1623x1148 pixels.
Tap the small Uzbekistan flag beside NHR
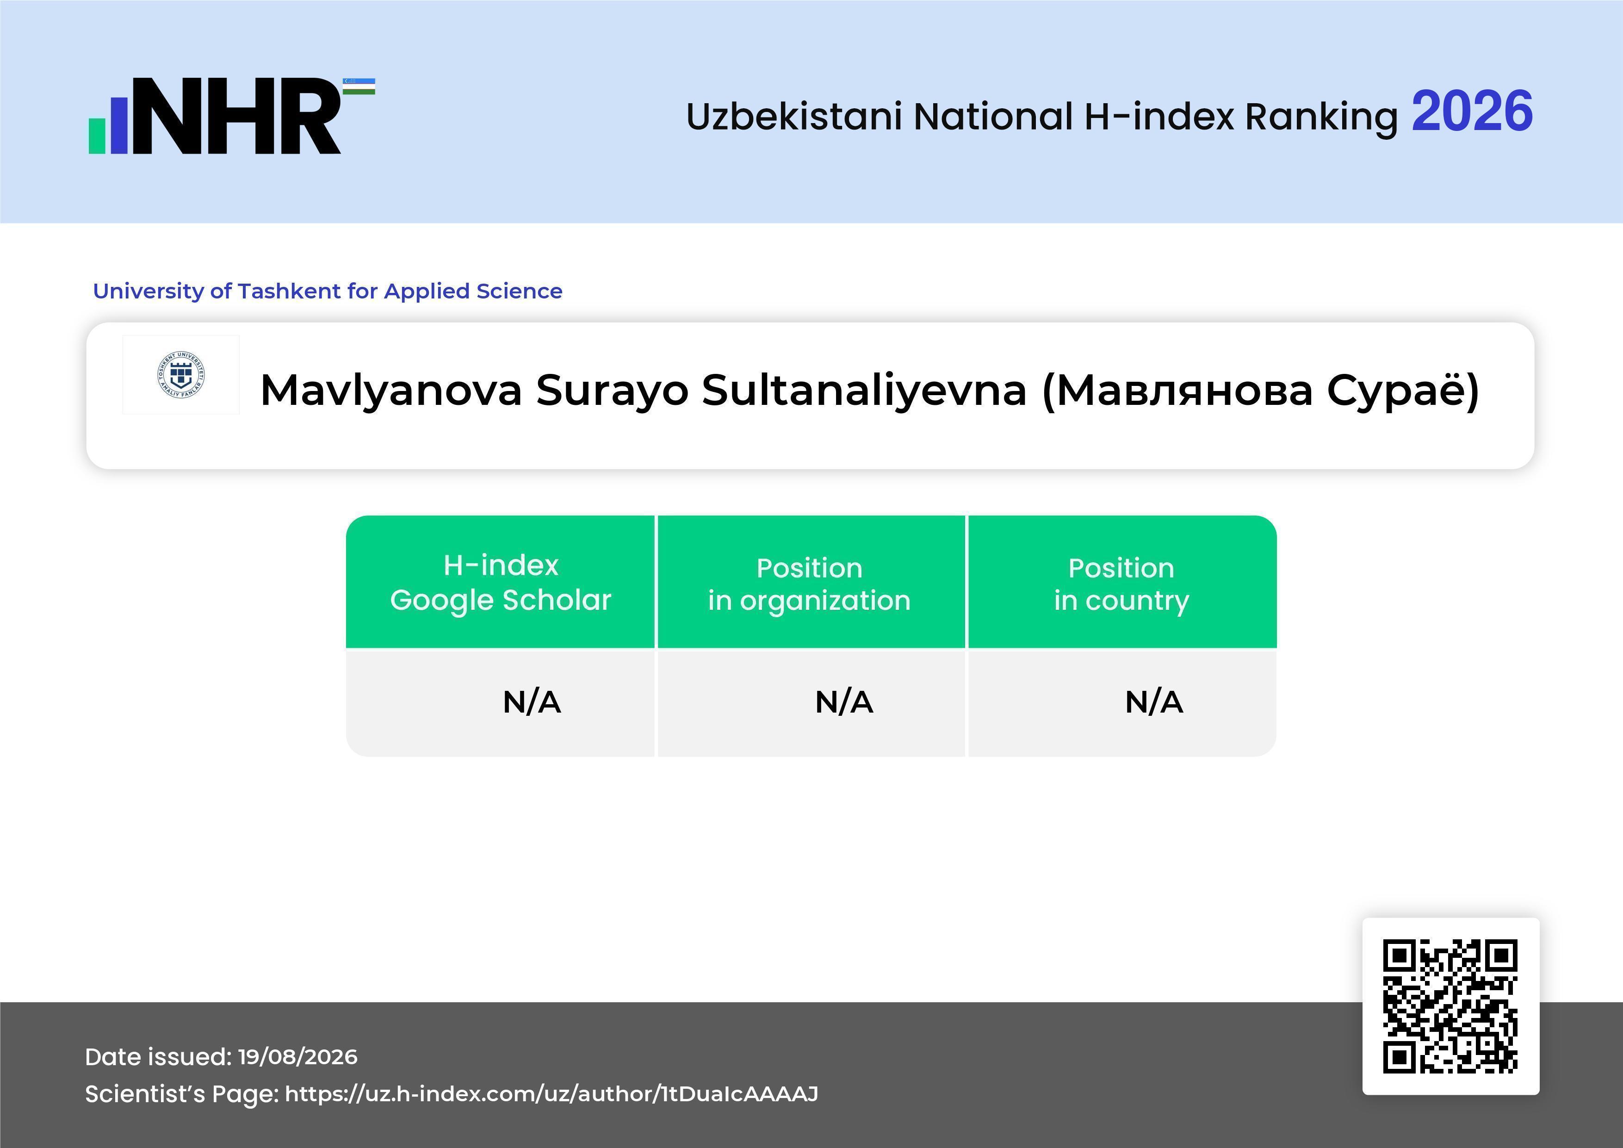(359, 86)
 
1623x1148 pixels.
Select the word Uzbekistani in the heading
(794, 117)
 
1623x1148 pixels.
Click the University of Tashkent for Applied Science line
(328, 291)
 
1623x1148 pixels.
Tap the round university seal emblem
(181, 375)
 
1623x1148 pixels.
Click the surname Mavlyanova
(391, 391)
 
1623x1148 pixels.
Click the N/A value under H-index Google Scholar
(532, 702)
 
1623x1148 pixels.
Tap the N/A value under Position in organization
(844, 702)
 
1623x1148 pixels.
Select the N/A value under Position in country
(1153, 702)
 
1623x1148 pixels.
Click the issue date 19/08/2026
(297, 1057)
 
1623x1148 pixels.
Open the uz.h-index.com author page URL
(551, 1093)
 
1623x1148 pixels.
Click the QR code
(1450, 1006)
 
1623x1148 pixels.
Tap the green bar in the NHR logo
(97, 136)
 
